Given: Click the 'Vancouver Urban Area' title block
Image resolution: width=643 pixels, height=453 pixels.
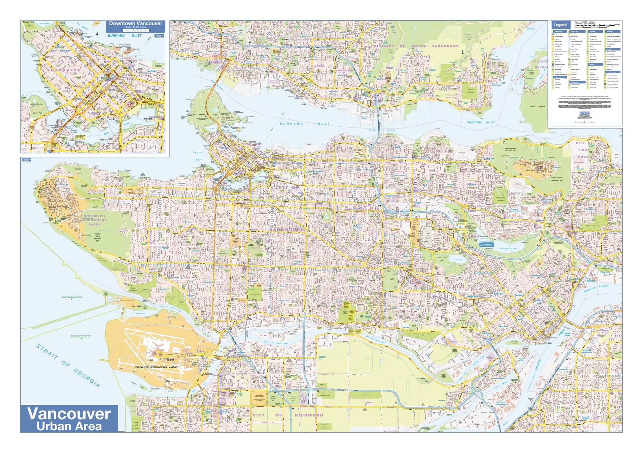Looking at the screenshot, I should coord(69,418).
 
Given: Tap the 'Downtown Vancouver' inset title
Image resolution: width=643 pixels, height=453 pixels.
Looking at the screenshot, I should coord(136,23).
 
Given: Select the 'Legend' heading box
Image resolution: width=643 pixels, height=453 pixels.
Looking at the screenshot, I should coord(560,25).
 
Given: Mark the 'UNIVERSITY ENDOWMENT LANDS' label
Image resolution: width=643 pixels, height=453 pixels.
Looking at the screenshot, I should coord(95,220).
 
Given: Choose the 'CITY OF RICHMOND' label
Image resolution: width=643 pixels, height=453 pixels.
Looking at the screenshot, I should coord(288,415).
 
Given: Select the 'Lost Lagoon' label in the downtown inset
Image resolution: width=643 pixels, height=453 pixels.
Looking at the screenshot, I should coord(43,24).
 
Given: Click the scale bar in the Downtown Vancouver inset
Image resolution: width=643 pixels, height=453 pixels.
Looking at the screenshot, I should coord(136,30).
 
